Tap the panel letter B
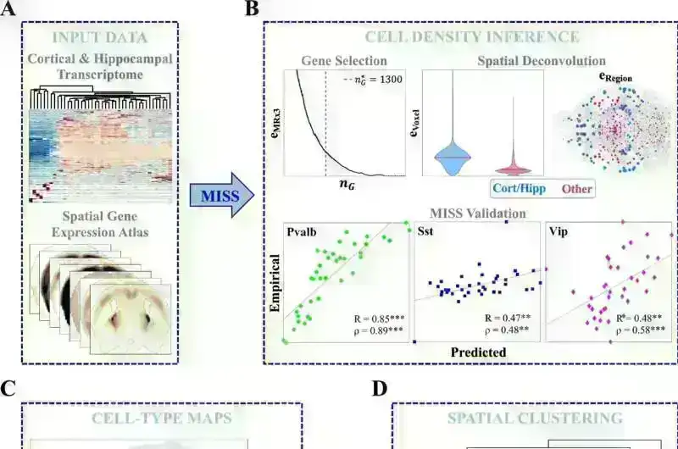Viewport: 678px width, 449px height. [x=251, y=9]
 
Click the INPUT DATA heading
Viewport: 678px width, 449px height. [x=99, y=37]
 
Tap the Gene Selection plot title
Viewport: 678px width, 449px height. [x=345, y=61]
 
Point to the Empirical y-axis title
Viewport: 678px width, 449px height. [x=275, y=286]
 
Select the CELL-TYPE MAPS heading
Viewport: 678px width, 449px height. [x=160, y=419]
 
